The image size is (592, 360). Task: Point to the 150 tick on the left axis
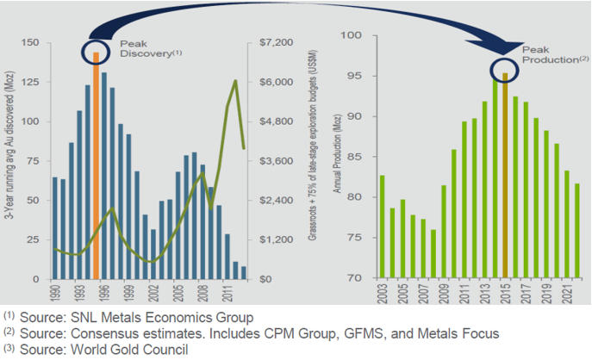[x=28, y=42]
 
